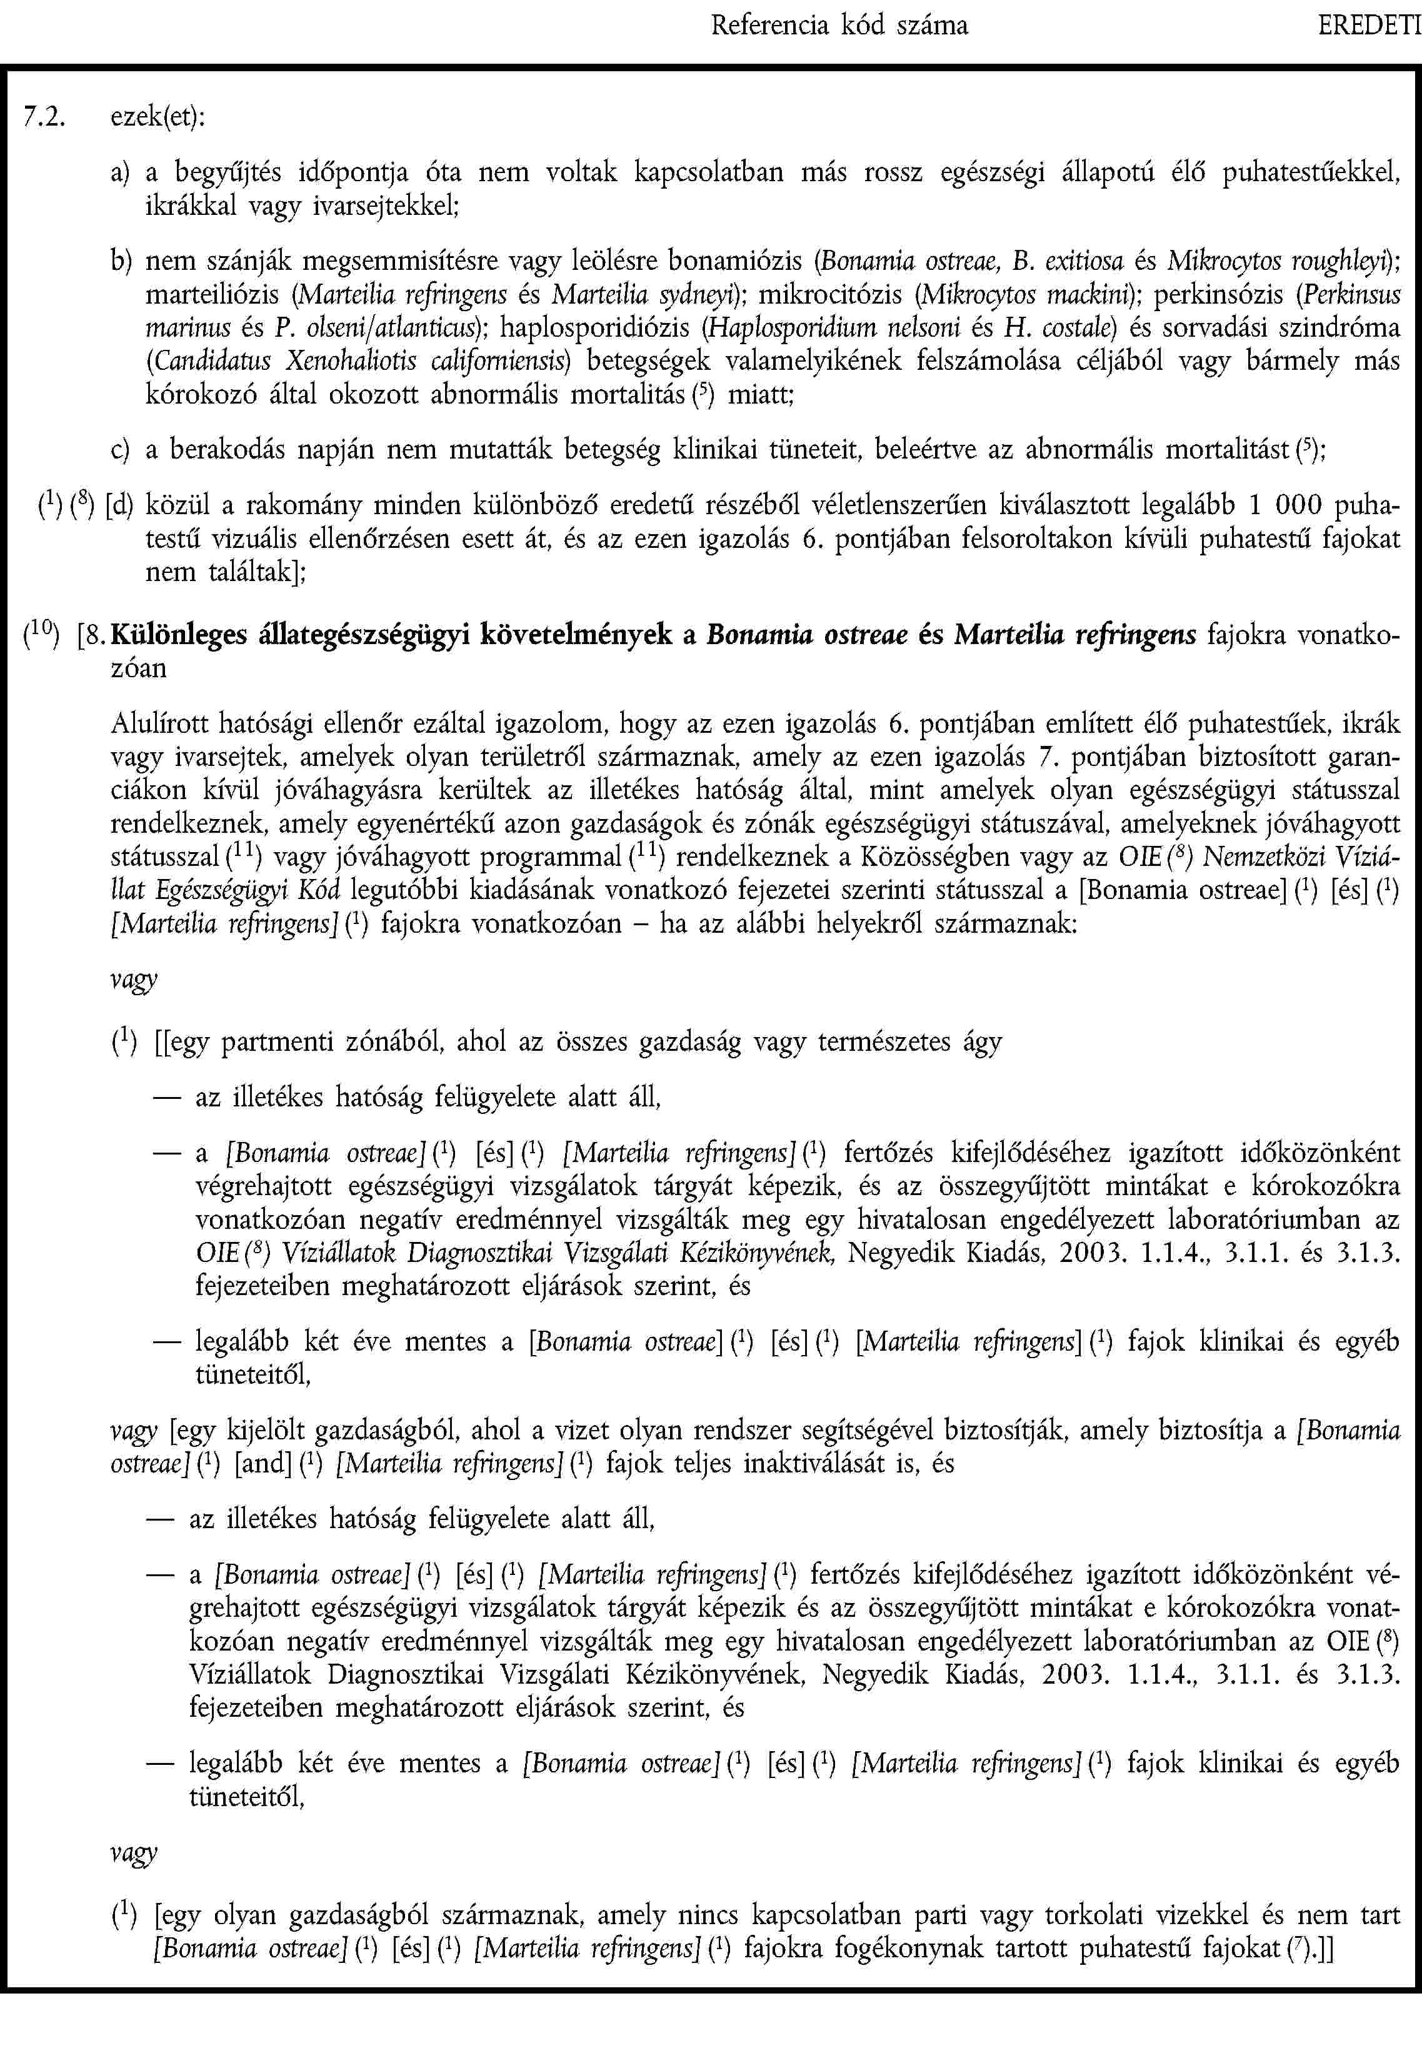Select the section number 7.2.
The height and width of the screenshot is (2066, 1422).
point(44,117)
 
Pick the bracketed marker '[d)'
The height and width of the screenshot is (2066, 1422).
point(119,506)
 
